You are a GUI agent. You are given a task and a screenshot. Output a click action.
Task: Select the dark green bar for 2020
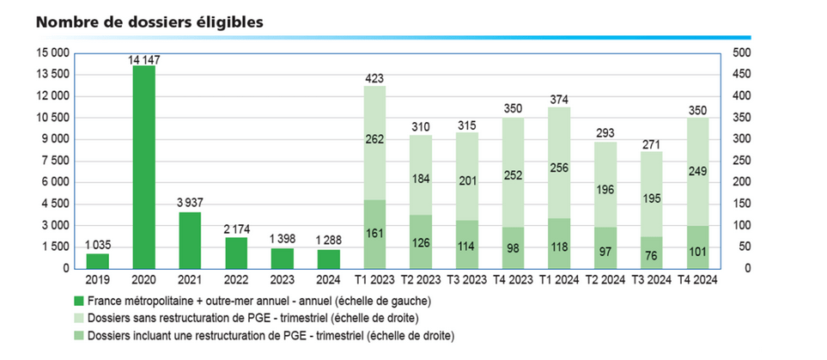point(144,167)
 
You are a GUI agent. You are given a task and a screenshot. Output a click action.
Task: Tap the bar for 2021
point(190,241)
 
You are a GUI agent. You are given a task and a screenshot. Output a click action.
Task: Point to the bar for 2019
point(98,260)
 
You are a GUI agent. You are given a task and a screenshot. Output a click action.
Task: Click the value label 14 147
point(144,59)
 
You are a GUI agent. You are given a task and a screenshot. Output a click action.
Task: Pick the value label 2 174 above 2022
point(236,229)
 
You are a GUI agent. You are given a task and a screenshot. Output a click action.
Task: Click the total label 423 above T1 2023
point(374,78)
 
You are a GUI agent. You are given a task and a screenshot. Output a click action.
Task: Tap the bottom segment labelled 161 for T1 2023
point(374,234)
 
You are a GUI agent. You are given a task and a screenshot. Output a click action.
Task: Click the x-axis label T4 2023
point(513,279)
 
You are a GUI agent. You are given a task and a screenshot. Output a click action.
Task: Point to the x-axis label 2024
point(329,279)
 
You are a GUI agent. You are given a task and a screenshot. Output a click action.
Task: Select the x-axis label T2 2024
point(605,279)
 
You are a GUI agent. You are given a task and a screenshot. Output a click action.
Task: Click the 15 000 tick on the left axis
point(53,53)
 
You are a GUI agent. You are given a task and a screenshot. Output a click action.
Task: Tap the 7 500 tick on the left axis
point(57,161)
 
